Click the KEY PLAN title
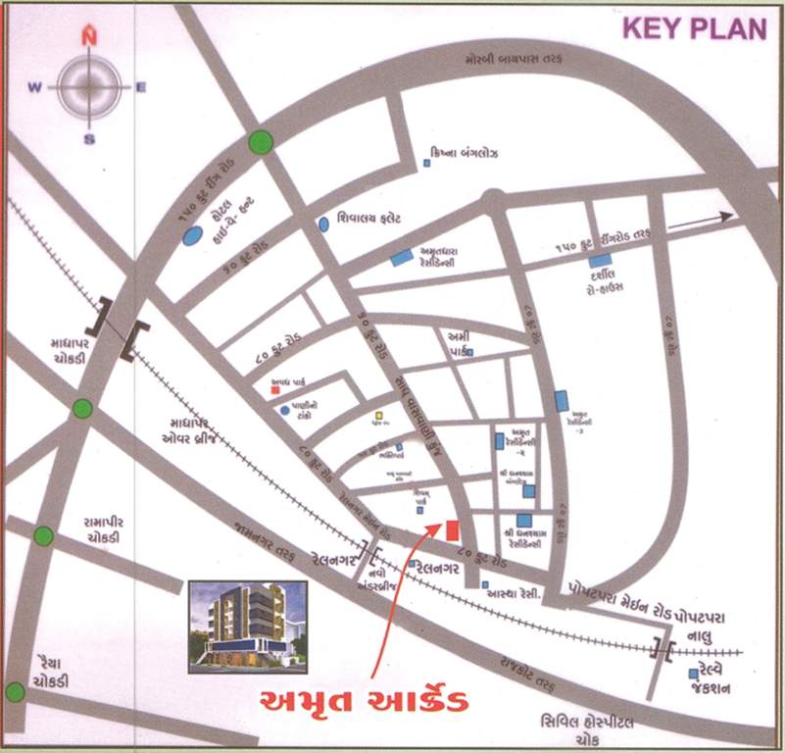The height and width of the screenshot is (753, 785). (695, 28)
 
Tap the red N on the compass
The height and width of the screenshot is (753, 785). (89, 37)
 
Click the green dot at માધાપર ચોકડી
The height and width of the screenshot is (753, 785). (82, 408)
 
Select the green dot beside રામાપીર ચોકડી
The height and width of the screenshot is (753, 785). (43, 535)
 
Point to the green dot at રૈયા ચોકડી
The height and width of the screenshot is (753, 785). (14, 692)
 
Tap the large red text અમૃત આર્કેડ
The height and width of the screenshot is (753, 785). (363, 702)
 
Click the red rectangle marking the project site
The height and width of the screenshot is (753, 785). (452, 530)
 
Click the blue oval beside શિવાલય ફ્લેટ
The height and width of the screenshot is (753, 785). (323, 224)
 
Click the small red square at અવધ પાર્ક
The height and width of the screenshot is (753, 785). (274, 391)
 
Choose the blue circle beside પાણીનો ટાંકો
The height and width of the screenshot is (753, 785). (284, 410)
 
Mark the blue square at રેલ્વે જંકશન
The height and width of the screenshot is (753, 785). (693, 674)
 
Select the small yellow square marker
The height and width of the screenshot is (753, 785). (377, 416)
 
